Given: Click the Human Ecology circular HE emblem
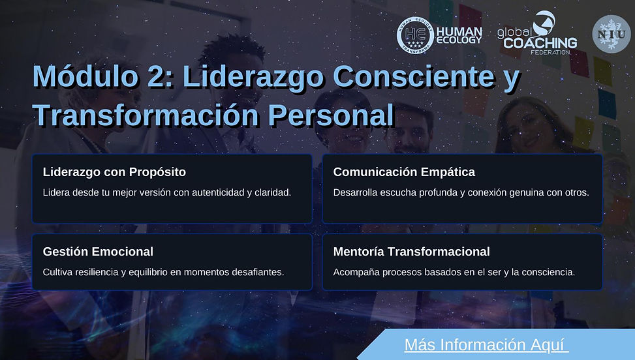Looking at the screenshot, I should coord(415,35).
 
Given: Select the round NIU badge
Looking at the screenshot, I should coord(611,34).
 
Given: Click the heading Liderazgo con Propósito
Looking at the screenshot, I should coord(114,172).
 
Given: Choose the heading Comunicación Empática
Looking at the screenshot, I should coord(404,172).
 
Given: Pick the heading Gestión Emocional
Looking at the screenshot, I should coord(98,252).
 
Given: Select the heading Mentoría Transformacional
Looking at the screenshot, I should coord(411,252).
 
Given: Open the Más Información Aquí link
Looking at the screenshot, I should coord(487,344).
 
